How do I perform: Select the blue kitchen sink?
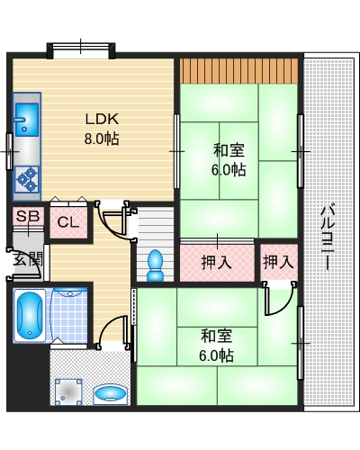click(x=24, y=118)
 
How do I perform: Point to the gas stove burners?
click(x=26, y=177)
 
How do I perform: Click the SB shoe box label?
click(x=27, y=218)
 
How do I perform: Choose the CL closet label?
click(x=67, y=222)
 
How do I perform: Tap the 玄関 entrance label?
click(x=26, y=260)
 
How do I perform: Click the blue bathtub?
click(x=28, y=315)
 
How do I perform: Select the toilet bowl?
click(x=155, y=264)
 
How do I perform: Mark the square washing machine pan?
click(x=68, y=392)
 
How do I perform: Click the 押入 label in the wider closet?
click(x=216, y=263)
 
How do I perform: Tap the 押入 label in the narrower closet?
click(x=278, y=262)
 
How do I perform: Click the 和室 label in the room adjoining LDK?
click(x=229, y=149)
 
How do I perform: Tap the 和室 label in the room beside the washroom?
click(x=216, y=336)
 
